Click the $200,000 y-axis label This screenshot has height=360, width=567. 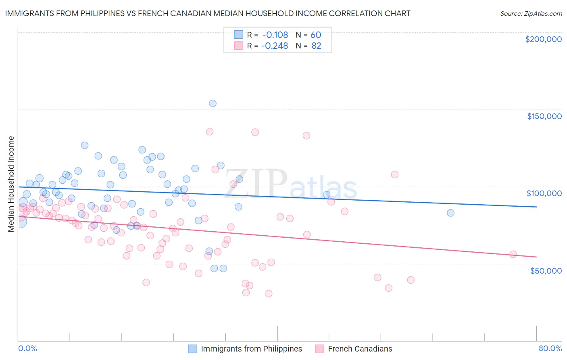tap(543, 39)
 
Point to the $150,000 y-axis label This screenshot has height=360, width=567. tap(544, 116)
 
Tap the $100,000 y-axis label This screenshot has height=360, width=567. tap(544, 193)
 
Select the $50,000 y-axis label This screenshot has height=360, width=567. tap(546, 270)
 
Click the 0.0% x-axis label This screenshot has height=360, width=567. tap(27, 348)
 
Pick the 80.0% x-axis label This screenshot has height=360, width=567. tap(550, 348)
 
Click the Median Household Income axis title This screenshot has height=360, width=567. tap(11, 184)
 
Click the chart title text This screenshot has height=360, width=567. tap(208, 13)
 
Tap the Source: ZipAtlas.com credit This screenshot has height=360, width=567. tap(531, 14)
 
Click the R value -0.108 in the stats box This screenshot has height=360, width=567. tap(274, 35)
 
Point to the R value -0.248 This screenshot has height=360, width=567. tap(274, 46)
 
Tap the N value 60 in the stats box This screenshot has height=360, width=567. tap(316, 35)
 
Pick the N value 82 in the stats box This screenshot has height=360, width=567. tap(316, 46)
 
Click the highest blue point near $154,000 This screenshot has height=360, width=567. tap(213, 103)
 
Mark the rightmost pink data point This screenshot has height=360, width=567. tap(513, 254)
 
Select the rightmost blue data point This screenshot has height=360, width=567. tap(450, 213)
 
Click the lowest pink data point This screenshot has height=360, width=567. tap(269, 293)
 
